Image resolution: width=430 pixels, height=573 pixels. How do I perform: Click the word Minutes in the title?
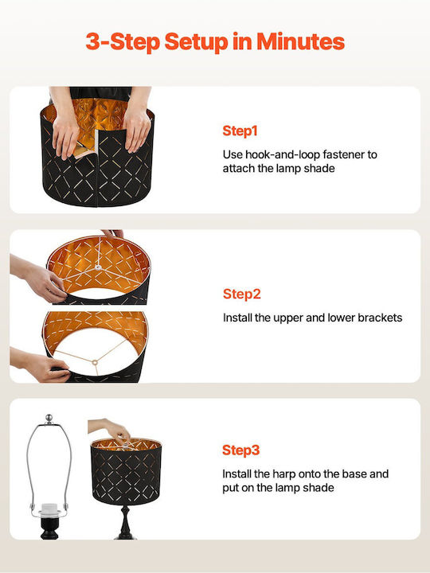(300, 41)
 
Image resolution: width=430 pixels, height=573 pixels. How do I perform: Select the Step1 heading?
(240, 131)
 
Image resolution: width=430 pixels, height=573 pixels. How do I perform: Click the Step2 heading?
(242, 294)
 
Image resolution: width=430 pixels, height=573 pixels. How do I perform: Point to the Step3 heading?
(241, 450)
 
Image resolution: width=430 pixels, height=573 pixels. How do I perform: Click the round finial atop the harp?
(49, 419)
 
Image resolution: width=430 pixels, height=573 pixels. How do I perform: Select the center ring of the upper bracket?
(98, 268)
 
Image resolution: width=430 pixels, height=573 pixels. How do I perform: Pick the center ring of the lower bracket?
(95, 363)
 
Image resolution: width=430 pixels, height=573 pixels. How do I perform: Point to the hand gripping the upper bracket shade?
(42, 279)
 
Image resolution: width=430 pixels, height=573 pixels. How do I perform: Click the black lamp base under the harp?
(49, 528)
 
